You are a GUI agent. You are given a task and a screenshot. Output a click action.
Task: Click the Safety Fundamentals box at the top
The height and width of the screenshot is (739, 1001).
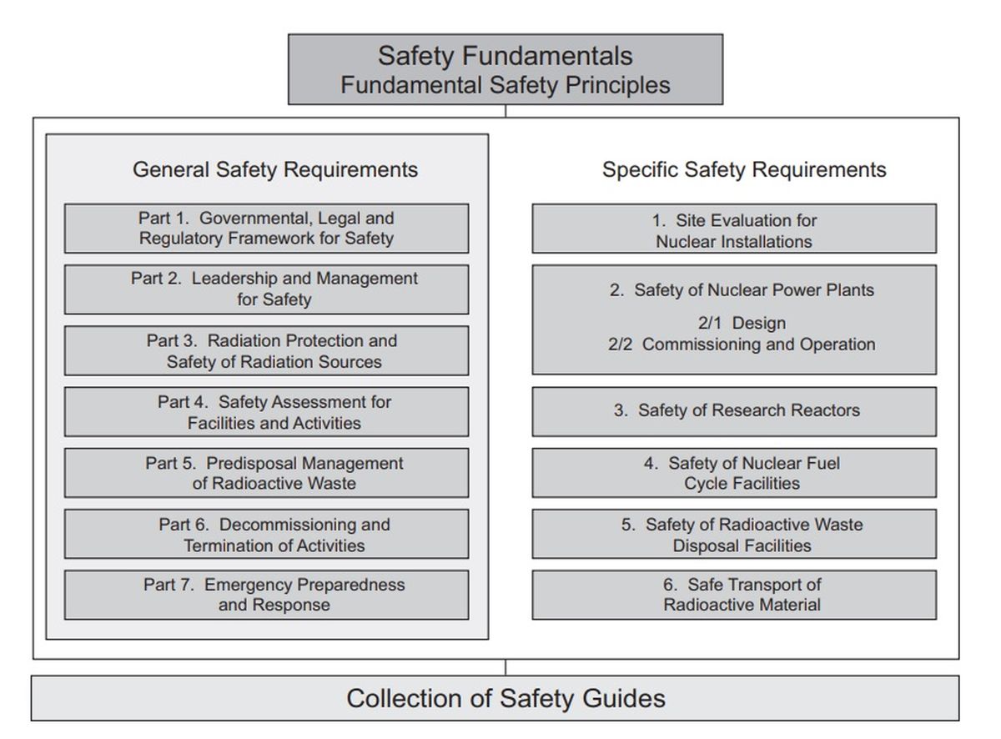(506, 69)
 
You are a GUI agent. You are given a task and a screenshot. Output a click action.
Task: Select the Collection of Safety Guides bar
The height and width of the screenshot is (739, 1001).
(495, 698)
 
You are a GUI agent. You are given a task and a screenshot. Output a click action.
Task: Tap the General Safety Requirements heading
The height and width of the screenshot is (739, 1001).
(275, 170)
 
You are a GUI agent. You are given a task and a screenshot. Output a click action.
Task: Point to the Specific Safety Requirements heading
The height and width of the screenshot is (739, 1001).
(744, 170)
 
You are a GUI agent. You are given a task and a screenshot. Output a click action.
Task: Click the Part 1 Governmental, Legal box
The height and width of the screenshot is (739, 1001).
(266, 229)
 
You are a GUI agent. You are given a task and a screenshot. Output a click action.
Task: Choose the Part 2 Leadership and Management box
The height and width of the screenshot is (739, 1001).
(266, 289)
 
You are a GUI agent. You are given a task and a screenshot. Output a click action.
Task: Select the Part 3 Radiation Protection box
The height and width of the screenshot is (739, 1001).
(266, 351)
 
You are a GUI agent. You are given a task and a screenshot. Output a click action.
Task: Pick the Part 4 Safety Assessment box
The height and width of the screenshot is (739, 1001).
(266, 412)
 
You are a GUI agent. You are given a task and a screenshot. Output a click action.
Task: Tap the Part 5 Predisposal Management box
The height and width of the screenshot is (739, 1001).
(266, 473)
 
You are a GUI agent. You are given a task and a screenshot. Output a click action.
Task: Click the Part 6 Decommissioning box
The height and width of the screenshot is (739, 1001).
(266, 534)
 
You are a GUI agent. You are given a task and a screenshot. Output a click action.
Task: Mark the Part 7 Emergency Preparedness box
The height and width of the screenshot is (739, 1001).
(266, 595)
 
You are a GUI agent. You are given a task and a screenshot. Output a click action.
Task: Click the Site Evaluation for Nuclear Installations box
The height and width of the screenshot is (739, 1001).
(734, 229)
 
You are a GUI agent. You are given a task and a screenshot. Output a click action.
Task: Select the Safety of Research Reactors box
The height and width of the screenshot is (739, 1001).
(734, 412)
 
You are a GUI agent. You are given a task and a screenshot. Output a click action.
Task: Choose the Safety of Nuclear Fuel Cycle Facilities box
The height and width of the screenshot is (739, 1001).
(734, 473)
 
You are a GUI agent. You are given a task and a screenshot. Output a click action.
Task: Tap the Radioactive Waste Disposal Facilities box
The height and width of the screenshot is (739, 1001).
(734, 534)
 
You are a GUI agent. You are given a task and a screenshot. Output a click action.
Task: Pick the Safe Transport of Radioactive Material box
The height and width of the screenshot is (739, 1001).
(734, 595)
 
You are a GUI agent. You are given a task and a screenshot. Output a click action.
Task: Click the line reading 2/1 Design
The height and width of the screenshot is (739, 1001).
(742, 324)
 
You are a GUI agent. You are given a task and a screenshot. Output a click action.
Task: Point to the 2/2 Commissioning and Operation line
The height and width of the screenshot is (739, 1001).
(742, 344)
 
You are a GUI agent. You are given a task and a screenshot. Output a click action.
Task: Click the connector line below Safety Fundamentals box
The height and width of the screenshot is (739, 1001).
(506, 111)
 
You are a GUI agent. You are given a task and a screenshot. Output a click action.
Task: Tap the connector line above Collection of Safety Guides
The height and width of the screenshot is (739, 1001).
(506, 667)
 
